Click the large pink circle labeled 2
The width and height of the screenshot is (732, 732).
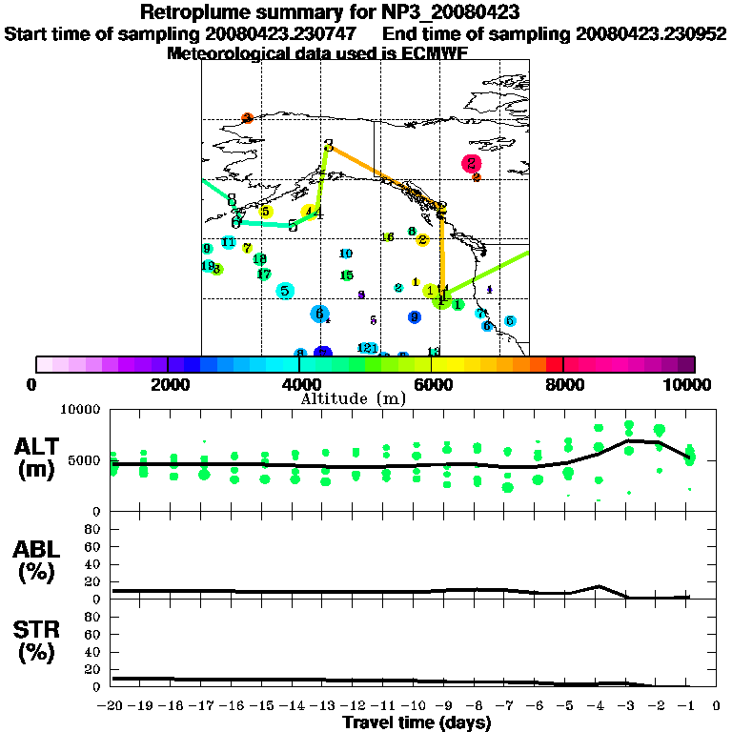[471, 163]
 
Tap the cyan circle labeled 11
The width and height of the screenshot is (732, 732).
[228, 242]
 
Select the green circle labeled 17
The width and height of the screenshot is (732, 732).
[264, 274]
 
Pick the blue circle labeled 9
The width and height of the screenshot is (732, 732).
[414, 316]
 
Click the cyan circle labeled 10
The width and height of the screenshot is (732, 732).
[346, 254]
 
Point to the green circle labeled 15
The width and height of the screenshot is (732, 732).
[347, 275]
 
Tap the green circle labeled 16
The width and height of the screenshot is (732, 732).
[388, 237]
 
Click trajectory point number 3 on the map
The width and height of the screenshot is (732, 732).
[329, 146]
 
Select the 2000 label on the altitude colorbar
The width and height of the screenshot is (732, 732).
[168, 384]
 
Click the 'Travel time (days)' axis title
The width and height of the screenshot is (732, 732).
[417, 723]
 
